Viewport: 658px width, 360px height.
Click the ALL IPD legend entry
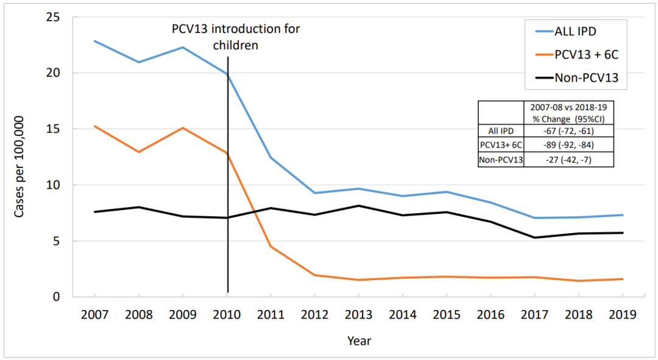click(x=579, y=31)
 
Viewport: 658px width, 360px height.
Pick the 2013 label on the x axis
click(x=358, y=315)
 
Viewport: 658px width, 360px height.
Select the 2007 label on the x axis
click(x=95, y=315)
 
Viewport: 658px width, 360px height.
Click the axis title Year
click(x=359, y=341)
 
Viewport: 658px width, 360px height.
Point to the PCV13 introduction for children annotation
click(x=235, y=37)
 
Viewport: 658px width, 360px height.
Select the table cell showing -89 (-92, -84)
click(x=568, y=146)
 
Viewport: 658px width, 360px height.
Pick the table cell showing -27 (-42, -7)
click(x=568, y=160)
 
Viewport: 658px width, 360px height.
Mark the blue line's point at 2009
click(x=183, y=48)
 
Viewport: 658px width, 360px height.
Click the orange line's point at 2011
click(x=271, y=246)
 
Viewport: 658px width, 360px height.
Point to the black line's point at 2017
click(x=534, y=238)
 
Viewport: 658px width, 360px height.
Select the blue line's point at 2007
click(x=95, y=41)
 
